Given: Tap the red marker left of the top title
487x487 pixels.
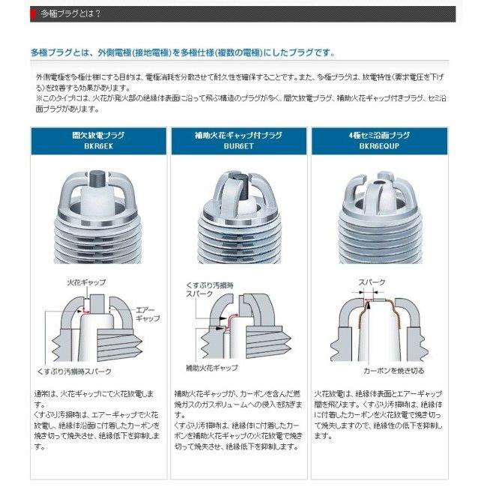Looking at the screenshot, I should [33, 13].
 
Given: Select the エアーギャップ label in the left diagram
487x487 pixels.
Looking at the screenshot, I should [148, 312].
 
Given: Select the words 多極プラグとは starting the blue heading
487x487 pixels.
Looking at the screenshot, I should [65, 53].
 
